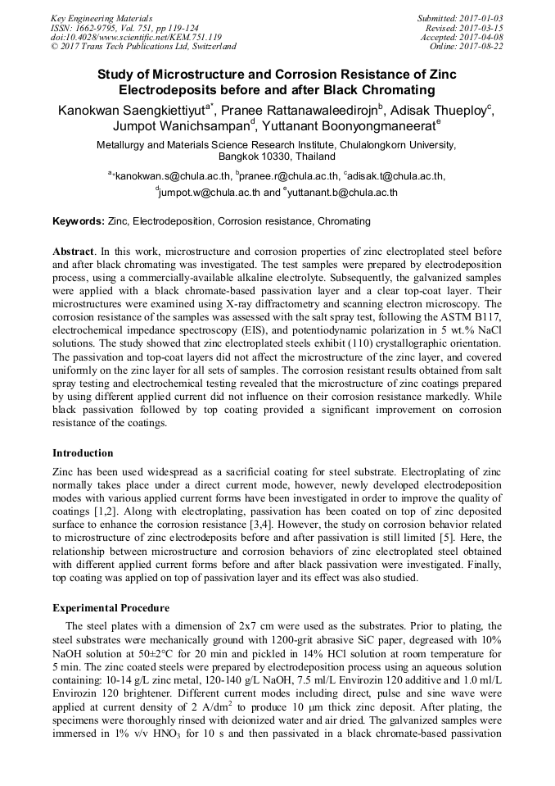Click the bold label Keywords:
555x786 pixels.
coord(79,221)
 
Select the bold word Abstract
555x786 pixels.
coord(72,251)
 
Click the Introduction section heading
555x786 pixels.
coord(83,453)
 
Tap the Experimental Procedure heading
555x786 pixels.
coord(111,608)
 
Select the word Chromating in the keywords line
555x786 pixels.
coord(344,221)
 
